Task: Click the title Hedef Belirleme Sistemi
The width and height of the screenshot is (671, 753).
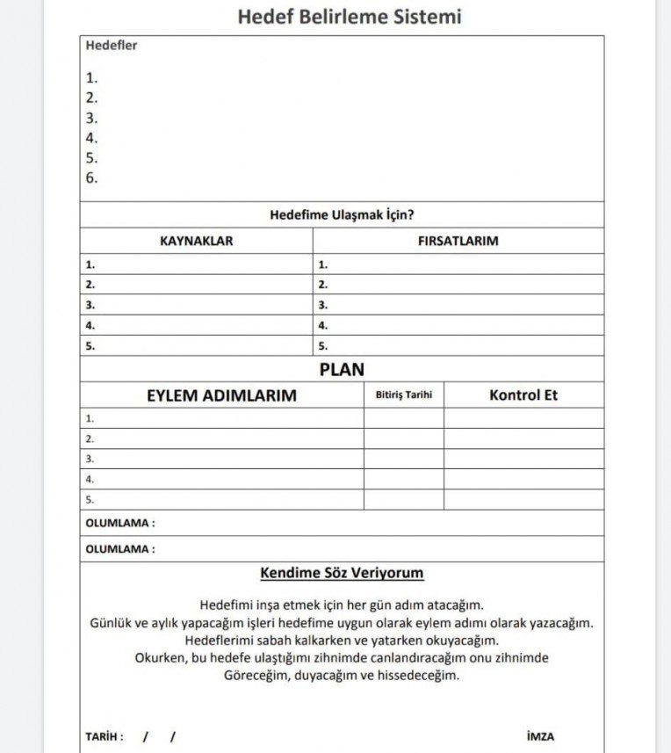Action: (349, 17)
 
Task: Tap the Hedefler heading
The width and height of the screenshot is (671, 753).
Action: (112, 46)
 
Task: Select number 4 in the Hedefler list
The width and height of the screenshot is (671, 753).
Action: (92, 138)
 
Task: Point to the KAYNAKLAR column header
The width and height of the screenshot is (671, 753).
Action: (196, 241)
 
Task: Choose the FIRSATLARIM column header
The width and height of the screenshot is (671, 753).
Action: (458, 241)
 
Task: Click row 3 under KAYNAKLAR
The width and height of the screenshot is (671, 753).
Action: (196, 305)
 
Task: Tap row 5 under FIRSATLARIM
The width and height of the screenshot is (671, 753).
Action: (458, 346)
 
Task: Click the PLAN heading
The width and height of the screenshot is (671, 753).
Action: (342, 370)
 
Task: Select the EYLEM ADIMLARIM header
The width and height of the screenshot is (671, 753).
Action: (221, 395)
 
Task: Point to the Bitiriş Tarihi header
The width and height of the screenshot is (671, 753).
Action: (404, 395)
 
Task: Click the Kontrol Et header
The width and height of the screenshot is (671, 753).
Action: (523, 395)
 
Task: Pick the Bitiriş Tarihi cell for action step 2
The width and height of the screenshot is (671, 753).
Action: (404, 438)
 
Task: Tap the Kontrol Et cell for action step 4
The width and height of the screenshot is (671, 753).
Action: (523, 480)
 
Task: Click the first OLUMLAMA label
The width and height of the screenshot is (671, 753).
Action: (120, 523)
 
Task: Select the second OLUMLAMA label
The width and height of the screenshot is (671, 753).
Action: (120, 549)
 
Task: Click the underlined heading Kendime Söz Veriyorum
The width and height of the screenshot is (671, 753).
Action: (342, 574)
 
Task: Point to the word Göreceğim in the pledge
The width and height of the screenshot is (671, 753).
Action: (257, 676)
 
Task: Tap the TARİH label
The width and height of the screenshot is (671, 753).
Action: (105, 736)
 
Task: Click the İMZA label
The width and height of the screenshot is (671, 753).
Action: (540, 736)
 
